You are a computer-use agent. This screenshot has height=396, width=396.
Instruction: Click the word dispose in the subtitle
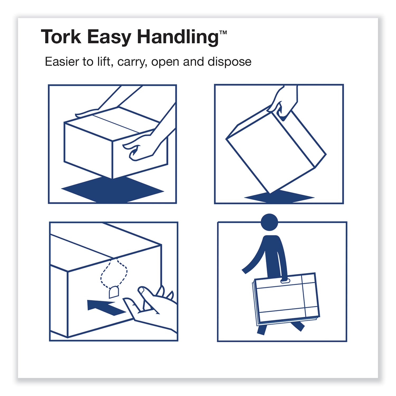(x=229, y=62)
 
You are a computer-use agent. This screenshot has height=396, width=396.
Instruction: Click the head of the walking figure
(x=269, y=222)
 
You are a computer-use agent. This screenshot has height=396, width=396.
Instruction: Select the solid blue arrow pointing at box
(x=106, y=308)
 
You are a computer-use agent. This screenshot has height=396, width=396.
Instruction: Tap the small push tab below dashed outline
(x=114, y=293)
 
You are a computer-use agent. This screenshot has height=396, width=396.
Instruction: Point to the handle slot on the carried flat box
(x=285, y=281)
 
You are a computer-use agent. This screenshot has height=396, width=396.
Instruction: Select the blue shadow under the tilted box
(x=279, y=197)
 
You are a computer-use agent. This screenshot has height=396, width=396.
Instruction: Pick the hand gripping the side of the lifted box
(x=140, y=148)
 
